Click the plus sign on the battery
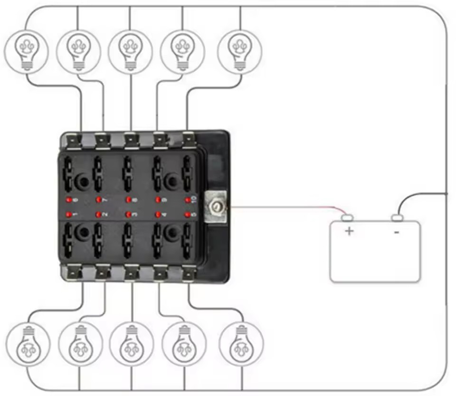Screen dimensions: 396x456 click(350, 232)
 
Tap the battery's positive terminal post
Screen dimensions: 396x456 click(348, 218)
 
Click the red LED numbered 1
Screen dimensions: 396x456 click(68, 214)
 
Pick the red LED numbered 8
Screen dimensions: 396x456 click(128, 200)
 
